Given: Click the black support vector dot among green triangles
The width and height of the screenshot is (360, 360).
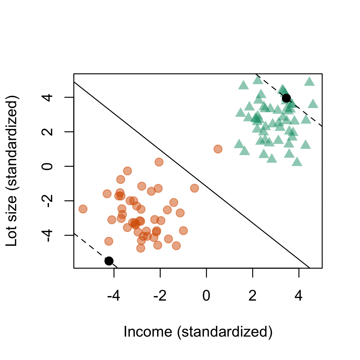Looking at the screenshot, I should click(x=286, y=98).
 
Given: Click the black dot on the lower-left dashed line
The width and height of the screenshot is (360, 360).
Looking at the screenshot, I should click(x=109, y=261).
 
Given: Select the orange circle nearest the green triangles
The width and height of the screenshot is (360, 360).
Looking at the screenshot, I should click(x=218, y=149).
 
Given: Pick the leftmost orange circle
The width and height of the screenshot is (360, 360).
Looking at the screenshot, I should click(x=83, y=209).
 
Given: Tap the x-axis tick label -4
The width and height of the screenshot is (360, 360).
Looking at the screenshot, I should click(x=114, y=296).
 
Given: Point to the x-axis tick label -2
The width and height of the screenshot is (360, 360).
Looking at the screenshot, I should click(x=160, y=296).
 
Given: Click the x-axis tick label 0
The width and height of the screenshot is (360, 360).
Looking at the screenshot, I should click(x=206, y=296).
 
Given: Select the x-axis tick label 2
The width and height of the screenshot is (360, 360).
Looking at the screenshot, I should click(x=253, y=296).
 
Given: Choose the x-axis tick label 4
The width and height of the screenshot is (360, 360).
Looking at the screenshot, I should click(x=299, y=296).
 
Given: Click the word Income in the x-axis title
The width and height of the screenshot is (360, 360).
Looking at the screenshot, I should click(x=148, y=332).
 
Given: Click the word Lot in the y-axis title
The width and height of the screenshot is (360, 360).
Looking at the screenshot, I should click(x=12, y=237).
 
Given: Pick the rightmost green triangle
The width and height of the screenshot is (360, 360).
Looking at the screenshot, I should click(x=313, y=104).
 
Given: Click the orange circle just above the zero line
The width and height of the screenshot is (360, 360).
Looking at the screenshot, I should click(x=159, y=162).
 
